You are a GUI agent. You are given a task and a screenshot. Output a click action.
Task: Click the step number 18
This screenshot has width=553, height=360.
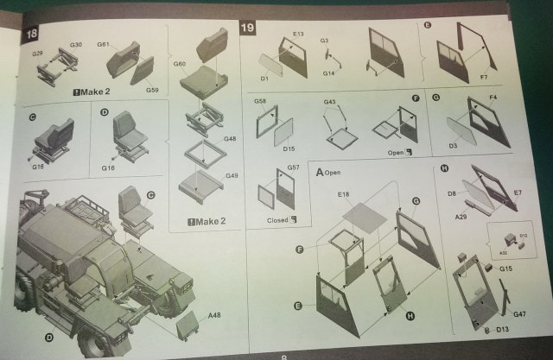32,33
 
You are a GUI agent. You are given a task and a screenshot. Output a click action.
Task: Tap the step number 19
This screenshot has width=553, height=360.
247,28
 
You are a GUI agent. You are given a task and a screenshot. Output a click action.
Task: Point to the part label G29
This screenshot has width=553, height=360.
37,54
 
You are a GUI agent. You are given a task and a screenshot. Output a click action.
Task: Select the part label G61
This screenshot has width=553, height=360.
103,44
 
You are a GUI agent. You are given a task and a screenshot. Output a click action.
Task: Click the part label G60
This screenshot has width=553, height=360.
180,63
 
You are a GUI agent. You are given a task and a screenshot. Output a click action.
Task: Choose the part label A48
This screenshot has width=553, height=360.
213,317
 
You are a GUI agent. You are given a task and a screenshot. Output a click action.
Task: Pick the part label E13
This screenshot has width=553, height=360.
298,35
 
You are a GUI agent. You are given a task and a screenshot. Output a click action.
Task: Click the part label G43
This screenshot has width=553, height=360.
329,103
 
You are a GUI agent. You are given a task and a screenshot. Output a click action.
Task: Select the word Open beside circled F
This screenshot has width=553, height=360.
397,152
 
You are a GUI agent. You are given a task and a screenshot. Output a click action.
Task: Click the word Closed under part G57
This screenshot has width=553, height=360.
276,219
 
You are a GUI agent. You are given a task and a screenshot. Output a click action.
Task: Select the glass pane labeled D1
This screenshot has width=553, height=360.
275,65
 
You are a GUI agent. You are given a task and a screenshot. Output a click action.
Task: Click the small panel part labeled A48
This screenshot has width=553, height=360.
187,325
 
